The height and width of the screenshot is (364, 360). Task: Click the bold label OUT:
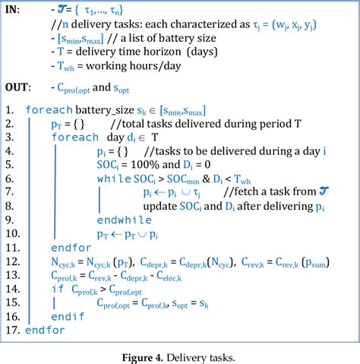[x=18, y=87]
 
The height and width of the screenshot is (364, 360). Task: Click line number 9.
[x=10, y=220]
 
